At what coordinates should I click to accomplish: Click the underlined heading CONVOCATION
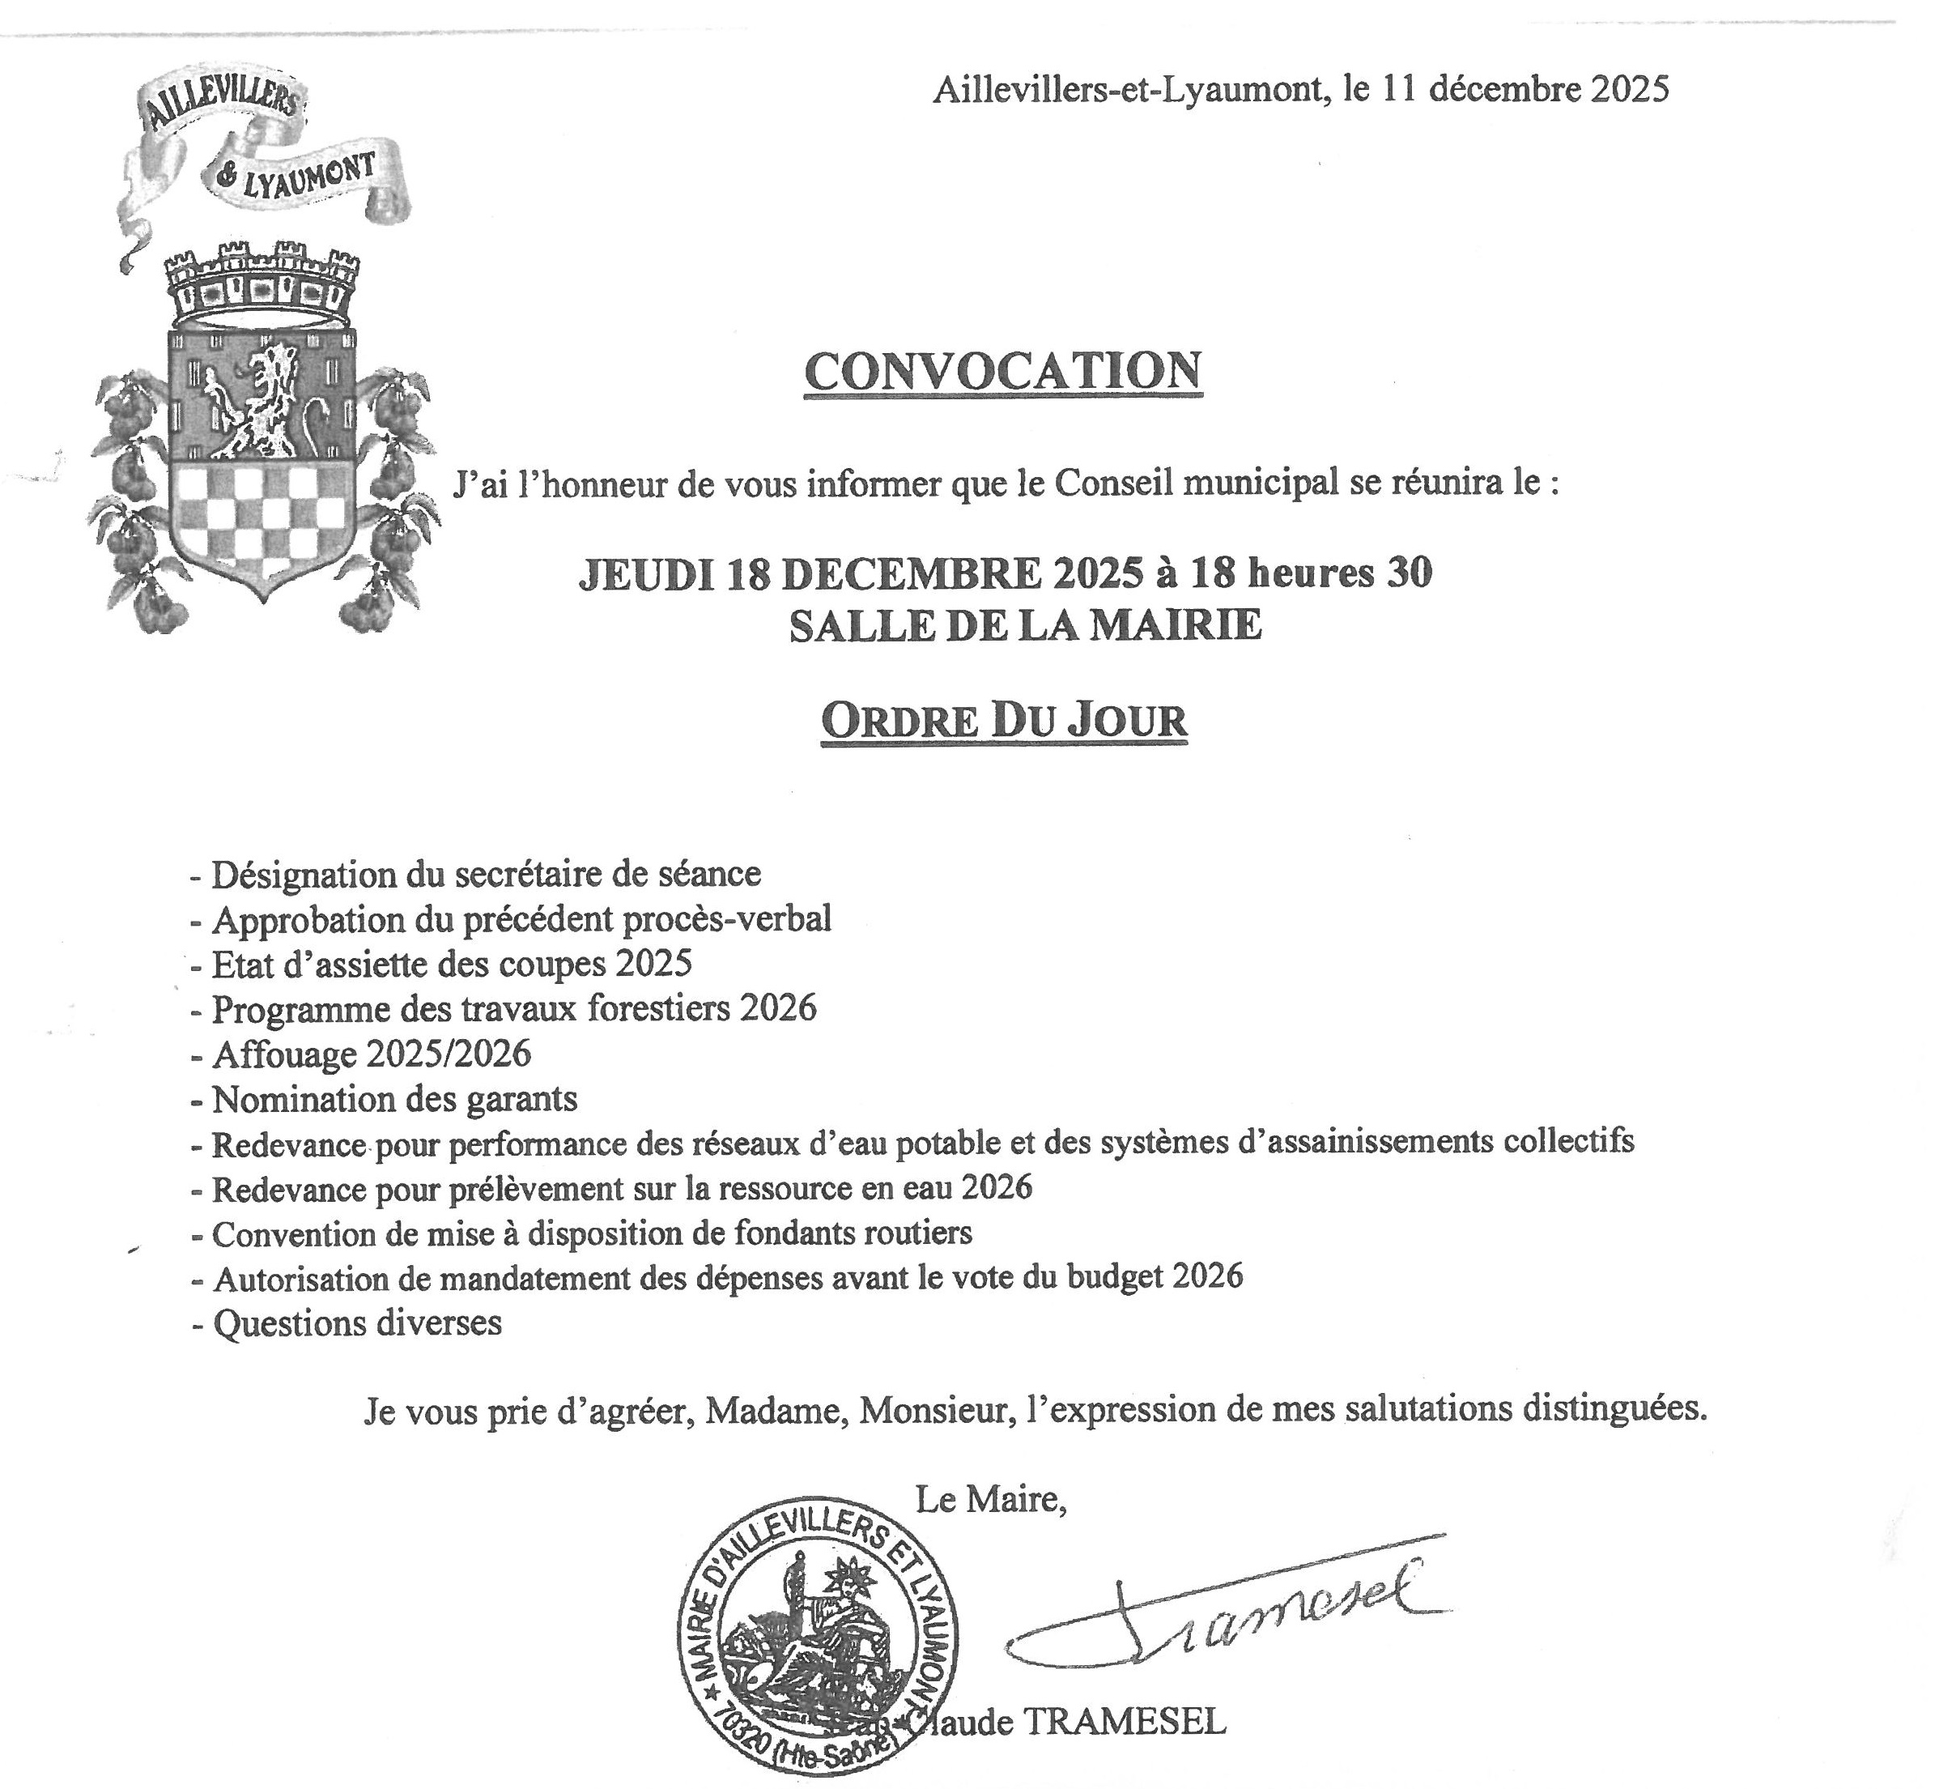coord(1003,372)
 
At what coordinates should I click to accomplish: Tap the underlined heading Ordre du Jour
coord(1004,720)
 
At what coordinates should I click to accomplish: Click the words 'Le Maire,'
coord(991,1500)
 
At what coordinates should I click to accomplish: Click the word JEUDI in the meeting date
coord(644,574)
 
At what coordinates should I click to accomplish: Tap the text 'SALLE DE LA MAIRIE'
coord(1025,625)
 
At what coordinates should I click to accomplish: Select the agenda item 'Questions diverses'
coord(357,1323)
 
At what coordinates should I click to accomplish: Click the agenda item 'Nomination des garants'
coord(394,1099)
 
